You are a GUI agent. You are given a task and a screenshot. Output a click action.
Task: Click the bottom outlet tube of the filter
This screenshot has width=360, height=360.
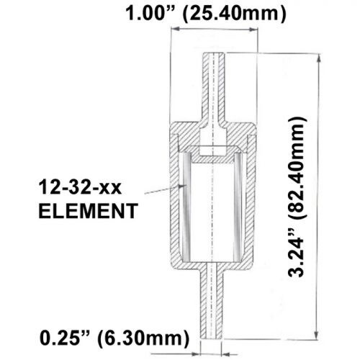coord(214,302)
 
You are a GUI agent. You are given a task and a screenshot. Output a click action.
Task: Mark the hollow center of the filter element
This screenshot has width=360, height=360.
coord(214,209)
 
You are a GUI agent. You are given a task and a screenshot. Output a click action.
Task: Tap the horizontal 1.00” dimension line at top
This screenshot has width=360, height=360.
coord(214,30)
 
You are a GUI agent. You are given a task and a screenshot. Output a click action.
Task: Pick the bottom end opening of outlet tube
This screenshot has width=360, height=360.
coord(214,337)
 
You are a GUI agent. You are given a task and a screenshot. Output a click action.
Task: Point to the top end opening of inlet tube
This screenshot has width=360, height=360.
coord(214,54)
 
